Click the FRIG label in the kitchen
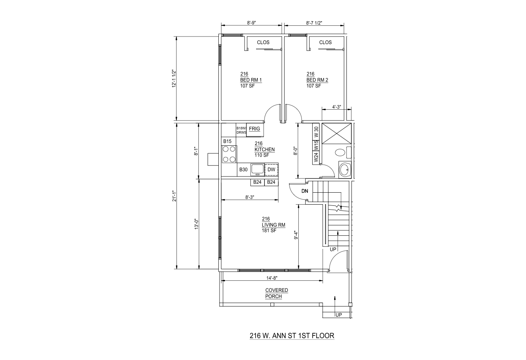pos(255,129)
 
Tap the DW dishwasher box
pos(271,170)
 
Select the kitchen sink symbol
pos(257,170)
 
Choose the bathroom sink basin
pos(345,169)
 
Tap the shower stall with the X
pos(337,133)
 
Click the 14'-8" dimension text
pos(272,278)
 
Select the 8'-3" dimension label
pos(250,197)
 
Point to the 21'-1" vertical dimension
pos(174,196)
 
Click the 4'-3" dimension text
pos(336,107)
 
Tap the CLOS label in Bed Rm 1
pos(263,43)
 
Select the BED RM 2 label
pos(317,80)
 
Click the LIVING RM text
pos(273,225)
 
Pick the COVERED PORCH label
pos(276,293)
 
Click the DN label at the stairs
pos(305,191)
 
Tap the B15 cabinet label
pos(227,142)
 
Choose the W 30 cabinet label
pos(316,132)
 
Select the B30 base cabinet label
pos(243,170)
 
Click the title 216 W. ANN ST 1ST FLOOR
pos(292,336)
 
